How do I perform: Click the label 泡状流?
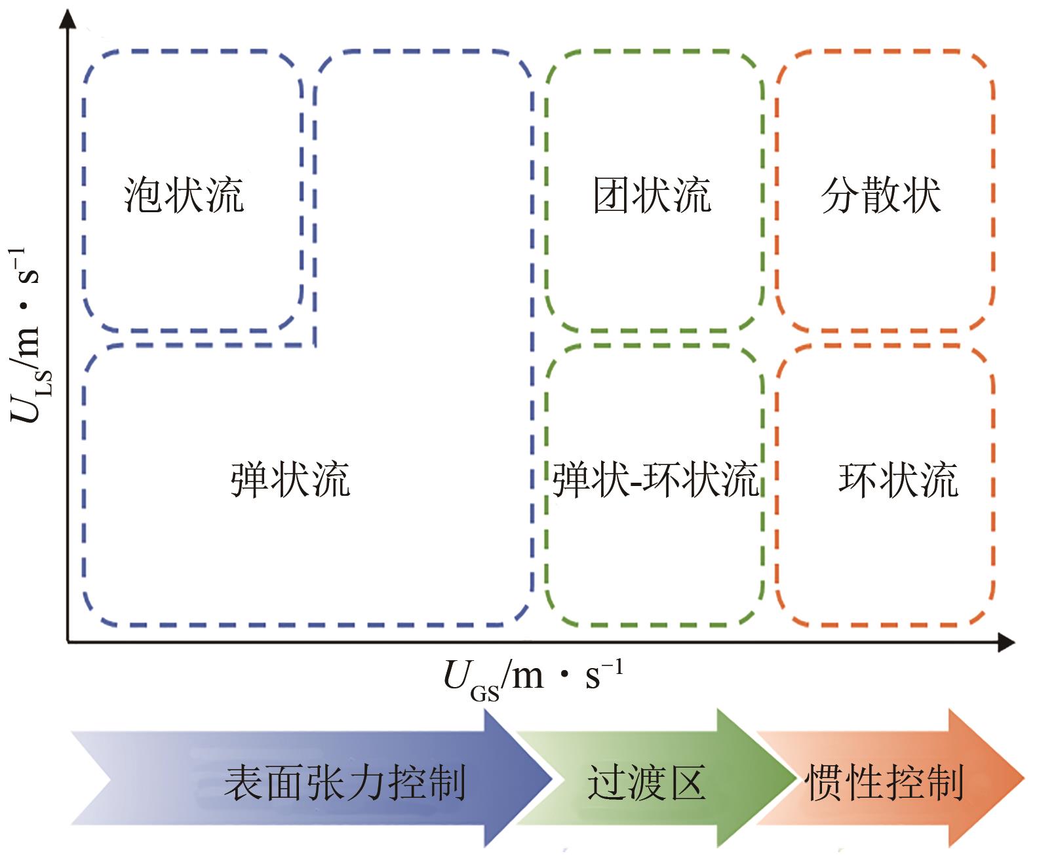point(184,195)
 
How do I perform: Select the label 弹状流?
point(290,479)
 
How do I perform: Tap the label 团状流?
point(652,195)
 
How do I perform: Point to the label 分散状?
point(881,195)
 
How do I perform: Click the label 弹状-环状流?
point(655,479)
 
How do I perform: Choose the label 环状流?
point(898,479)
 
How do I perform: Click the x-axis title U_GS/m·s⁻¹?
point(532,677)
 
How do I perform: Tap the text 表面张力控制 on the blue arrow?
point(345,782)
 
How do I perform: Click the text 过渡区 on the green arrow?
point(646,782)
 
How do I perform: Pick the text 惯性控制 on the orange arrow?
point(884,782)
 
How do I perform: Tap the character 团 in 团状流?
point(612,195)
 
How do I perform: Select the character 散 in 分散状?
point(881,195)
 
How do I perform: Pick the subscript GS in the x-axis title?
point(484,692)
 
